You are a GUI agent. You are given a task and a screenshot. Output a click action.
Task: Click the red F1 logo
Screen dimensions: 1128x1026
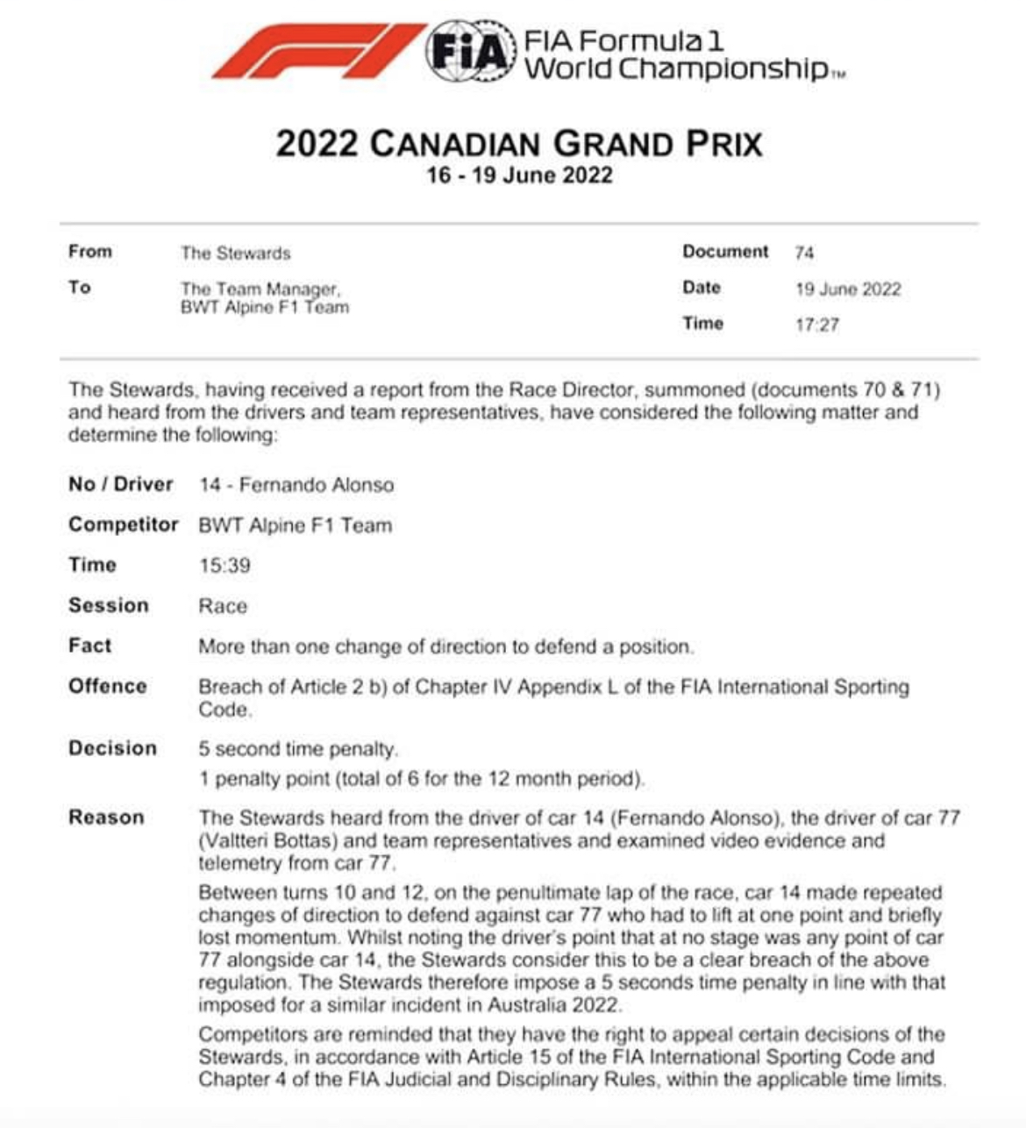tap(317, 52)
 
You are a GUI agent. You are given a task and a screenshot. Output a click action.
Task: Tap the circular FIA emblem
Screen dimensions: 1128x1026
tap(471, 52)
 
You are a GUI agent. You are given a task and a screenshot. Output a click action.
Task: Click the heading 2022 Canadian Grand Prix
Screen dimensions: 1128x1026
tap(519, 144)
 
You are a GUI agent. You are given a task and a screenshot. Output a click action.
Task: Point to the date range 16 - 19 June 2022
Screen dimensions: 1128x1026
tap(519, 175)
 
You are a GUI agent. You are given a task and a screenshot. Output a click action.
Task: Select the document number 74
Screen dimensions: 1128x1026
tap(804, 253)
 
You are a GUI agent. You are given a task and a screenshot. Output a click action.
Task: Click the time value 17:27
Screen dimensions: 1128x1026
tap(816, 325)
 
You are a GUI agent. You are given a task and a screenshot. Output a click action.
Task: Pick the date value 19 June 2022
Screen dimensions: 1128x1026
tap(847, 289)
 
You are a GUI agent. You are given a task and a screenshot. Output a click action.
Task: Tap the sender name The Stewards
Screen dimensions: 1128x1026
tap(235, 253)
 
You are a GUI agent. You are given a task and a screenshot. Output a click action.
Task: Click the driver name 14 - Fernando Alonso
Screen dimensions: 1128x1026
tap(296, 485)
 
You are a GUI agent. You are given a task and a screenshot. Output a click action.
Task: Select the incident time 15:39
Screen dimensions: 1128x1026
tap(224, 566)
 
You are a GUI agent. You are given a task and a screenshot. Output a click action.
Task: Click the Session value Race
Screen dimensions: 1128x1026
tap(223, 606)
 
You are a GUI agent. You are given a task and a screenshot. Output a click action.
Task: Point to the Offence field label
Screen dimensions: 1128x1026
tap(107, 686)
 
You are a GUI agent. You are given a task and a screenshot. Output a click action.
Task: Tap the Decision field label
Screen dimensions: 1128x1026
tap(112, 748)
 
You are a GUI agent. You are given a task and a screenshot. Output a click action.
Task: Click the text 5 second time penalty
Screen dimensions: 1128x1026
tap(298, 749)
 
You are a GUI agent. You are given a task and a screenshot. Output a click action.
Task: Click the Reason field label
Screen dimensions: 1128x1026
tap(106, 817)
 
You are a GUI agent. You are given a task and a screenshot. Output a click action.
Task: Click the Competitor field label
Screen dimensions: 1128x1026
tap(123, 525)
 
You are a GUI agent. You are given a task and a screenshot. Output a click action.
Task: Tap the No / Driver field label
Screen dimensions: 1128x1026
tap(120, 484)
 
